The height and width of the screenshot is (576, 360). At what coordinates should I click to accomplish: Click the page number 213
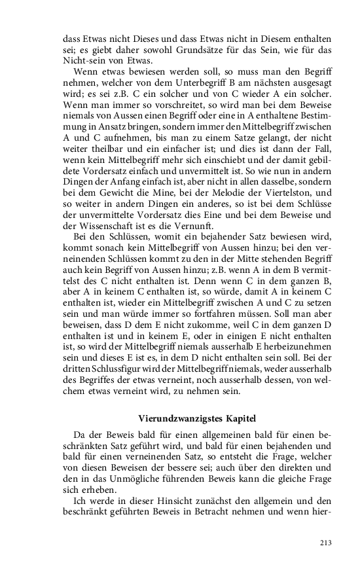[326, 542]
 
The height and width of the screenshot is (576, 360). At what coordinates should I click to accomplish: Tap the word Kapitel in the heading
[239, 417]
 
